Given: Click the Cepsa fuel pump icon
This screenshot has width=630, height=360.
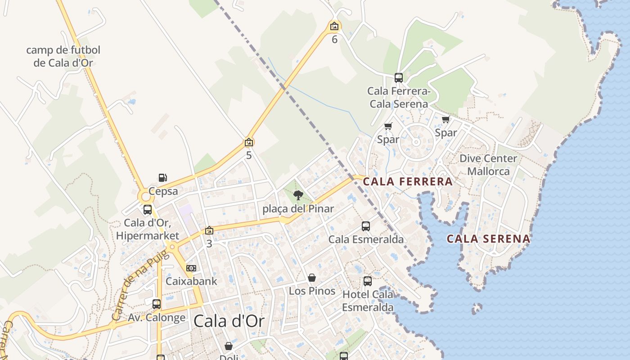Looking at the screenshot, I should click(163, 178).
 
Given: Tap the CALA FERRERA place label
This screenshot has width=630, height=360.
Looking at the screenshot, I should click(407, 182).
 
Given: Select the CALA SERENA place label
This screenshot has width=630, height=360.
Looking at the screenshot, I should click(488, 238).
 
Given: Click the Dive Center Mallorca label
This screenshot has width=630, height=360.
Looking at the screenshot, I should click(488, 165).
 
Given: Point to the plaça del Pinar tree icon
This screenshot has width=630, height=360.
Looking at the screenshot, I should click(298, 195).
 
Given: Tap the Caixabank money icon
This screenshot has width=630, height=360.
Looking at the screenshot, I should click(191, 268).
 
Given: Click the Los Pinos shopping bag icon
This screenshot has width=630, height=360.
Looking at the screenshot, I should click(312, 278).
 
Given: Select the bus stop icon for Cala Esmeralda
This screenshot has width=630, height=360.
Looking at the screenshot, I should click(366, 226).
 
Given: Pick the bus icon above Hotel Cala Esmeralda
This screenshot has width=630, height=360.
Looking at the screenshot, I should click(368, 281).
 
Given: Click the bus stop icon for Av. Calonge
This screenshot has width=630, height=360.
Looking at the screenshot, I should click(157, 304).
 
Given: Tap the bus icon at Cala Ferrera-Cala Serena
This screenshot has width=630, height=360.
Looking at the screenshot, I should click(399, 78).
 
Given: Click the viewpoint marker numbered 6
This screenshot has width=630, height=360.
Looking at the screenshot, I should click(334, 26).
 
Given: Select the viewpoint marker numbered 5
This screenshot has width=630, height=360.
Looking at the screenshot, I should click(249, 142).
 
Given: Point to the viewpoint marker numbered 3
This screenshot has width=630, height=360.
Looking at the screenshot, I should click(209, 230).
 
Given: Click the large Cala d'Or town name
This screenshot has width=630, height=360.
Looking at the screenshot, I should click(229, 321).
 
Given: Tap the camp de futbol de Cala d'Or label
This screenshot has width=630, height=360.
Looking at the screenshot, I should click(63, 56).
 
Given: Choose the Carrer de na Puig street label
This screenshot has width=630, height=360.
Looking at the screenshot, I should click(139, 286).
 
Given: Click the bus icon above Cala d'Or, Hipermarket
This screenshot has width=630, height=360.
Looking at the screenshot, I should click(148, 210).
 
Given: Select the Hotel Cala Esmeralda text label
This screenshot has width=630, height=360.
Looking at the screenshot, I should click(368, 301).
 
